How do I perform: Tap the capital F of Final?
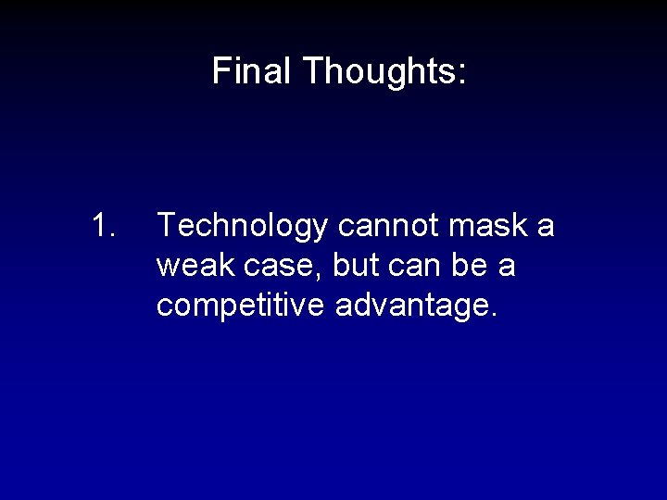[x=220, y=71]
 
